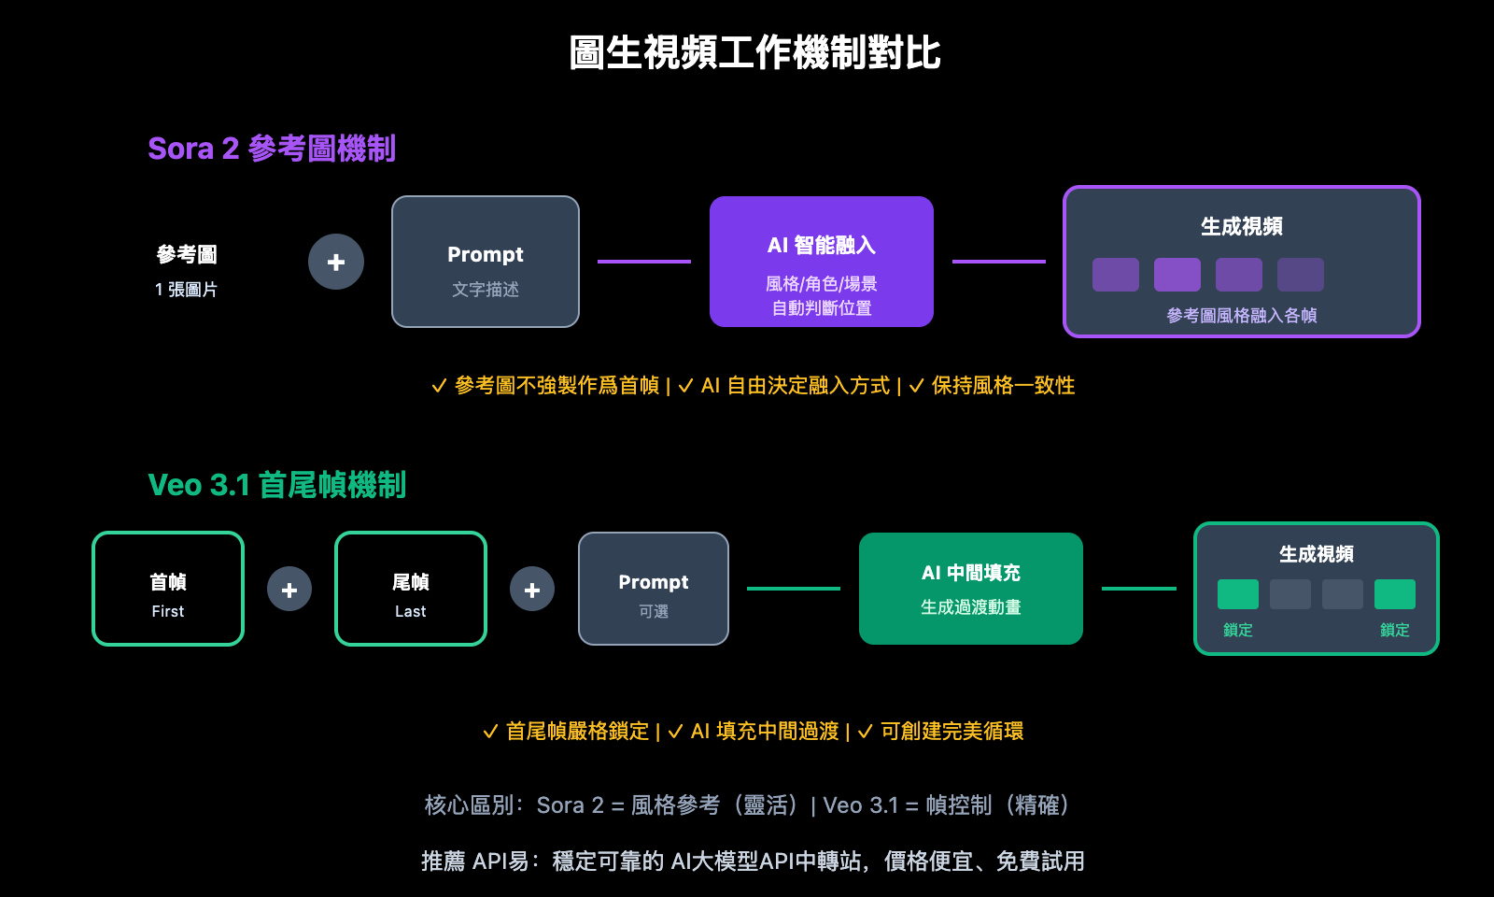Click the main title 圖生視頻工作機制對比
754,53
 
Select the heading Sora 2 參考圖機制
272,149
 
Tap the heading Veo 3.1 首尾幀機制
276,485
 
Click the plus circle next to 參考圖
336,262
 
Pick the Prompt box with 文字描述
486,262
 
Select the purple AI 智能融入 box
822,262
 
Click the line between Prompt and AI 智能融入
644,262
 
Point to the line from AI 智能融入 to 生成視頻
998,262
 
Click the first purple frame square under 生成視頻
1116,275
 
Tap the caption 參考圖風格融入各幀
1241,316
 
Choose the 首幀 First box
168,589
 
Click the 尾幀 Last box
411,589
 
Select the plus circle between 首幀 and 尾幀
289,590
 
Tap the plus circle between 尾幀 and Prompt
532,590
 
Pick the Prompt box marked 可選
654,589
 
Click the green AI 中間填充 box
971,589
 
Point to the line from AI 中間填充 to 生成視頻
1138,589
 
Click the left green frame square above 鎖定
1238,594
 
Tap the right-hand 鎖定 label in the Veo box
1394,631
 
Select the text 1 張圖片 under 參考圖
186,290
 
